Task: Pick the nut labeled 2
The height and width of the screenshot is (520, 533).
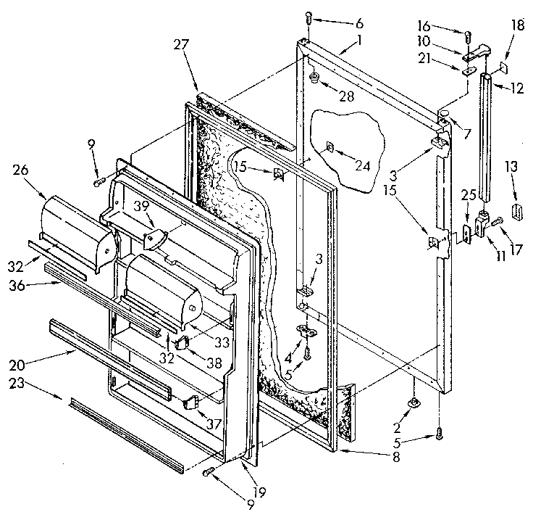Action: pos(412,403)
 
